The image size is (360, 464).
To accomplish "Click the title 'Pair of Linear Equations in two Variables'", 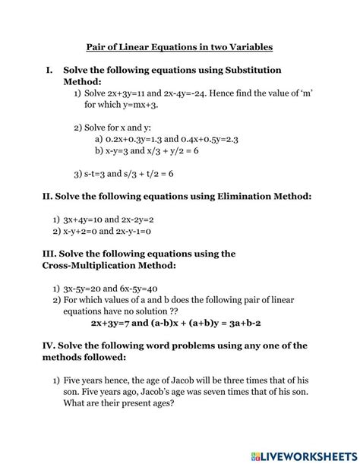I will [x=179, y=47].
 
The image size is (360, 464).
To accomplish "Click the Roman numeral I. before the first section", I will [x=50, y=70].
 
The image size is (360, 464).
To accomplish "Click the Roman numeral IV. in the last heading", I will [x=49, y=345].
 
